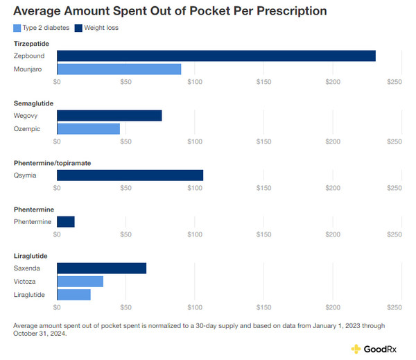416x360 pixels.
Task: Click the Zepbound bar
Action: (216, 55)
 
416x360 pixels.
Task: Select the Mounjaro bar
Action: (119, 69)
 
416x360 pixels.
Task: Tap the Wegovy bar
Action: (109, 115)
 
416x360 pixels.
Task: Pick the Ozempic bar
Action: (88, 129)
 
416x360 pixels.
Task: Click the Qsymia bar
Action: (130, 175)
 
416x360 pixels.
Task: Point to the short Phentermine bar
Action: (65, 221)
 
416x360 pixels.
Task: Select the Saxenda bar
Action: (101, 268)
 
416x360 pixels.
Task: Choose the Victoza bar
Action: (80, 281)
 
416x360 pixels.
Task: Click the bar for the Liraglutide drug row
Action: (73, 295)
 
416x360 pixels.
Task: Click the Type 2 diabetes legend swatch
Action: (17, 28)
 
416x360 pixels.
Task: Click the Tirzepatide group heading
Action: (32, 44)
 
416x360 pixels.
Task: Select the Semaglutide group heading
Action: (33, 103)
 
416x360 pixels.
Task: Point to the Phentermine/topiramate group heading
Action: (52, 163)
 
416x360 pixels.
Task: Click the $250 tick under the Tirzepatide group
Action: (394, 82)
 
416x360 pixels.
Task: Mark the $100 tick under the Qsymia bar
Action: (195, 187)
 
